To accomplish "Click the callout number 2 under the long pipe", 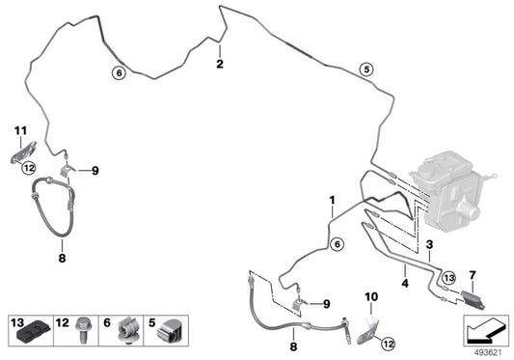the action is [x=220, y=64].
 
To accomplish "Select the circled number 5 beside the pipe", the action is [x=366, y=69].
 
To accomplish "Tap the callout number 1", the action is [x=333, y=200].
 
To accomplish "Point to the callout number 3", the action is [x=429, y=244].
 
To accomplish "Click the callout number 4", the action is [x=405, y=283].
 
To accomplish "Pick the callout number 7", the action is [x=473, y=275].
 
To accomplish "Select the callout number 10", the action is [x=371, y=296].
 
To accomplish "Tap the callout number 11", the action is [x=20, y=131].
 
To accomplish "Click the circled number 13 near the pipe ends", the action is [x=448, y=278].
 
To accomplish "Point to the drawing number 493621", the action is [x=488, y=353].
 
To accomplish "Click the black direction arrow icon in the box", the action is [x=484, y=330].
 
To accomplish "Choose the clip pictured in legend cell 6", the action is [x=128, y=330].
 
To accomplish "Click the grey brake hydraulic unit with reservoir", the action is [x=453, y=191].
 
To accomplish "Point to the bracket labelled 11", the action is [x=23, y=152].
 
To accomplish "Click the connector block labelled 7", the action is [x=473, y=299].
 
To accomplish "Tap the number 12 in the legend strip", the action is [x=63, y=323].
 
